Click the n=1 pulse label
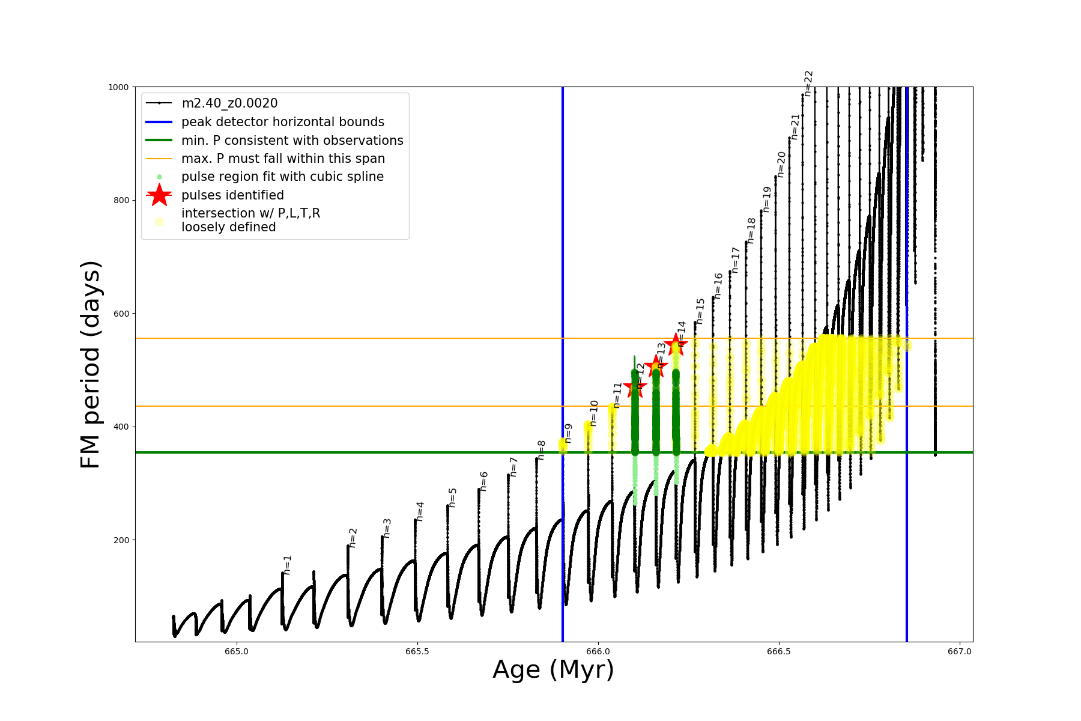point(288,565)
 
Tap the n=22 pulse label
point(809,83)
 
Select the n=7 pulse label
point(513,467)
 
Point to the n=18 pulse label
point(751,231)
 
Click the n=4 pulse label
point(420,511)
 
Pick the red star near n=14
point(676,344)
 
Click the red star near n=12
point(635,388)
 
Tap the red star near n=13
point(655,366)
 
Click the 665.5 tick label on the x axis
point(417,652)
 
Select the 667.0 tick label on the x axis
point(959,652)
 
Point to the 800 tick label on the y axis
point(121,200)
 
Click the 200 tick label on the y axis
point(121,540)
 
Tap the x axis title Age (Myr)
point(553,670)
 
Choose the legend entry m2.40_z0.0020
point(229,103)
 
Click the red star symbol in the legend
point(159,195)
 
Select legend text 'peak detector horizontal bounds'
point(283,122)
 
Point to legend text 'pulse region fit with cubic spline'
point(282,177)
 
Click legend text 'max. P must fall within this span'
point(283,159)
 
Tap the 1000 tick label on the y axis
point(118,87)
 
